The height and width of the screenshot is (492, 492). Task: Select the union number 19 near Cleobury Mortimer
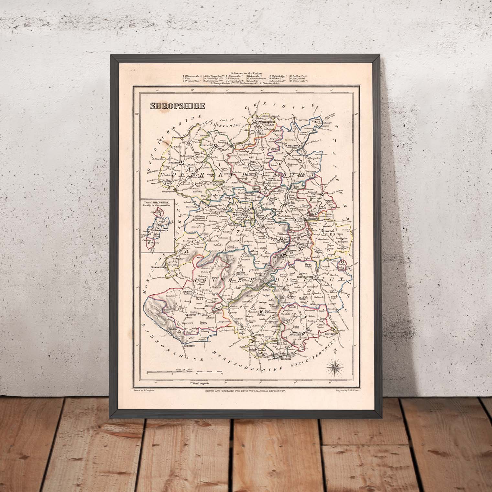click(x=303, y=317)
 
